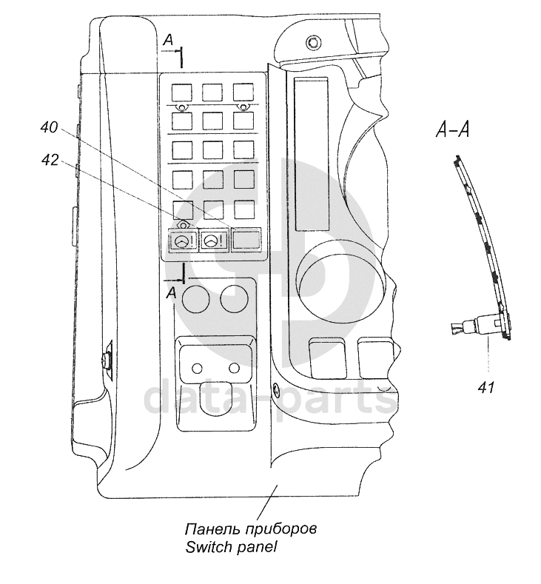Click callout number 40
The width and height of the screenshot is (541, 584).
tap(49, 127)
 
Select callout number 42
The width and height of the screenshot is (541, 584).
tap(50, 160)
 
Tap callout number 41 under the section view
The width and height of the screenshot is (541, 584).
tap(485, 388)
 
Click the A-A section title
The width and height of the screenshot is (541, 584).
tap(452, 130)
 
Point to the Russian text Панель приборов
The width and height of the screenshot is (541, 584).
tap(251, 529)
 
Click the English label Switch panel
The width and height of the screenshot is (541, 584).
tap(231, 547)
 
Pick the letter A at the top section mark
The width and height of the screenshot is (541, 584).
tap(169, 40)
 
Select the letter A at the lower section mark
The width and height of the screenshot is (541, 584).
tap(171, 293)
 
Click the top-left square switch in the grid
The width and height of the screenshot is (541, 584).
tap(182, 92)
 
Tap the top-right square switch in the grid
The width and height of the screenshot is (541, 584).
tap(243, 92)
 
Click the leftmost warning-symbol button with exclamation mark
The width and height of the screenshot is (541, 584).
tap(184, 241)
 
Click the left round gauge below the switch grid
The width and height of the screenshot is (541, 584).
tap(195, 299)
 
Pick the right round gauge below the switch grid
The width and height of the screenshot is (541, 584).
tap(234, 299)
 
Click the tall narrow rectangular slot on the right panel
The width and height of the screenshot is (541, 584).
tap(312, 154)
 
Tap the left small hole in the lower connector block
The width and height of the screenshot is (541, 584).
tap(197, 369)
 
